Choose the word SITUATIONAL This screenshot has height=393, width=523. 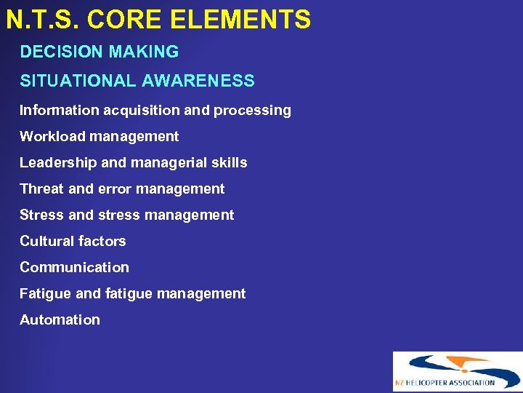(78, 81)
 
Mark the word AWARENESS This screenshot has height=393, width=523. (198, 81)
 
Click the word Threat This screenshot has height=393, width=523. (41, 189)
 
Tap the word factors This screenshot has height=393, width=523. (102, 241)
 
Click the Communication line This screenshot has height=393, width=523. (74, 267)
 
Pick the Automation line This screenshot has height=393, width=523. (60, 319)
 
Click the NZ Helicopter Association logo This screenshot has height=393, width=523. (457, 372)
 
